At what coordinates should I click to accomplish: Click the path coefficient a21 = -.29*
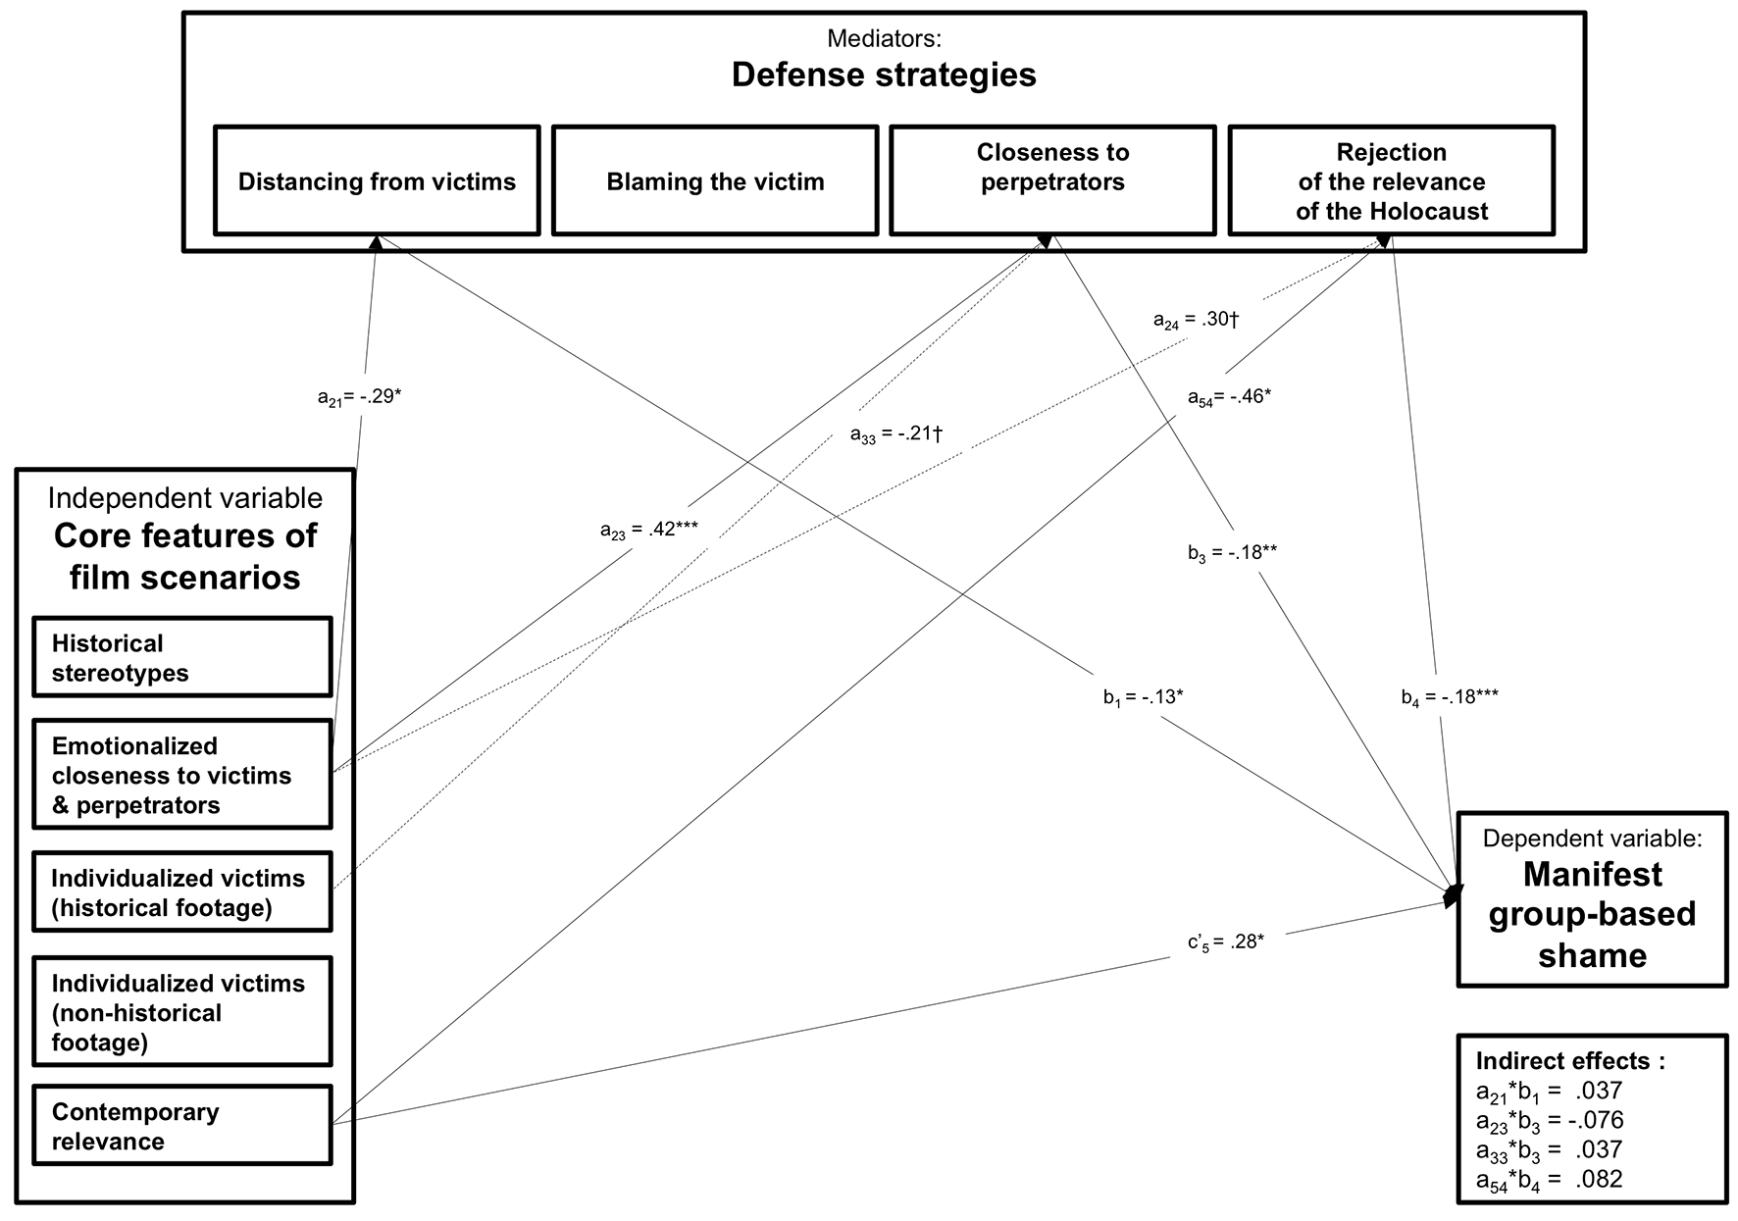359,397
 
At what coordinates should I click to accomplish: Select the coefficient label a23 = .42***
649,530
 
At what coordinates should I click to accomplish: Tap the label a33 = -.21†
895,433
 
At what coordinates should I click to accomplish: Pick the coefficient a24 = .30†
1197,320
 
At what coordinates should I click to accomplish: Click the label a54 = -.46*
1229,397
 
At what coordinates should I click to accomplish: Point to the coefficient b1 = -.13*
1144,698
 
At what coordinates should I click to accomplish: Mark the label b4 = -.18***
1450,698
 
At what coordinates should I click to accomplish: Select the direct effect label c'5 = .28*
1226,942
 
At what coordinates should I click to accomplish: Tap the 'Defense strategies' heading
884,75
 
